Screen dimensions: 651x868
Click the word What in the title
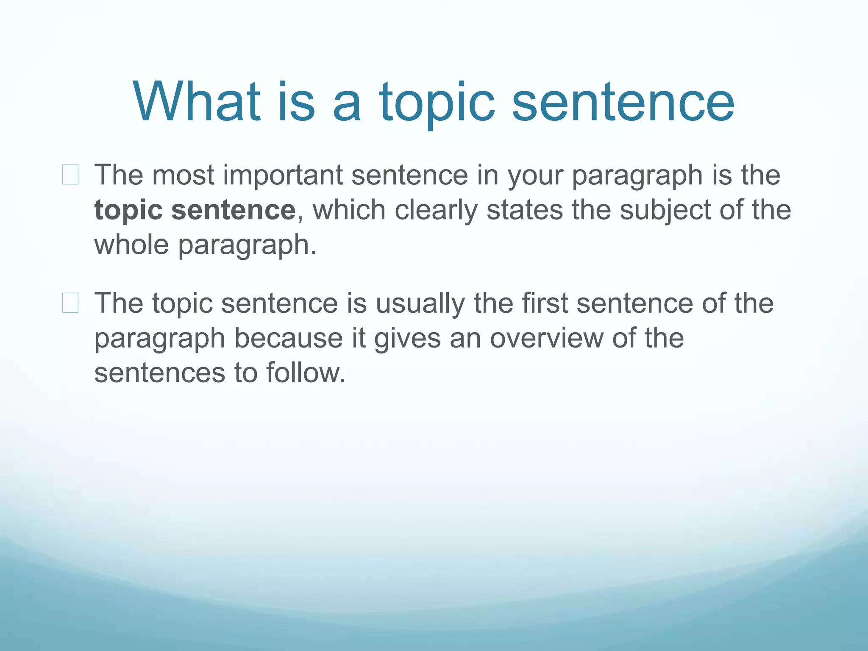197,102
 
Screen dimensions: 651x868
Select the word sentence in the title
623,102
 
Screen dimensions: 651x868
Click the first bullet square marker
70,175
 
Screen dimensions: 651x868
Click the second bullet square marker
70,303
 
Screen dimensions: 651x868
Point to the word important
283,175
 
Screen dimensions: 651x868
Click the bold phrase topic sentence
195,210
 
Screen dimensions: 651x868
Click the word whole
131,245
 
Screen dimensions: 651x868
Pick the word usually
420,303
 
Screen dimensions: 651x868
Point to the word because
288,338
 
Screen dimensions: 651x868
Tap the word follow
305,373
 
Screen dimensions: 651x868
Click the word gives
407,338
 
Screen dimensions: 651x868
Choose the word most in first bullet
183,175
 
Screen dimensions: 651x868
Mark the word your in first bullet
535,175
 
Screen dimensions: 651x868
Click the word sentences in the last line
159,373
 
